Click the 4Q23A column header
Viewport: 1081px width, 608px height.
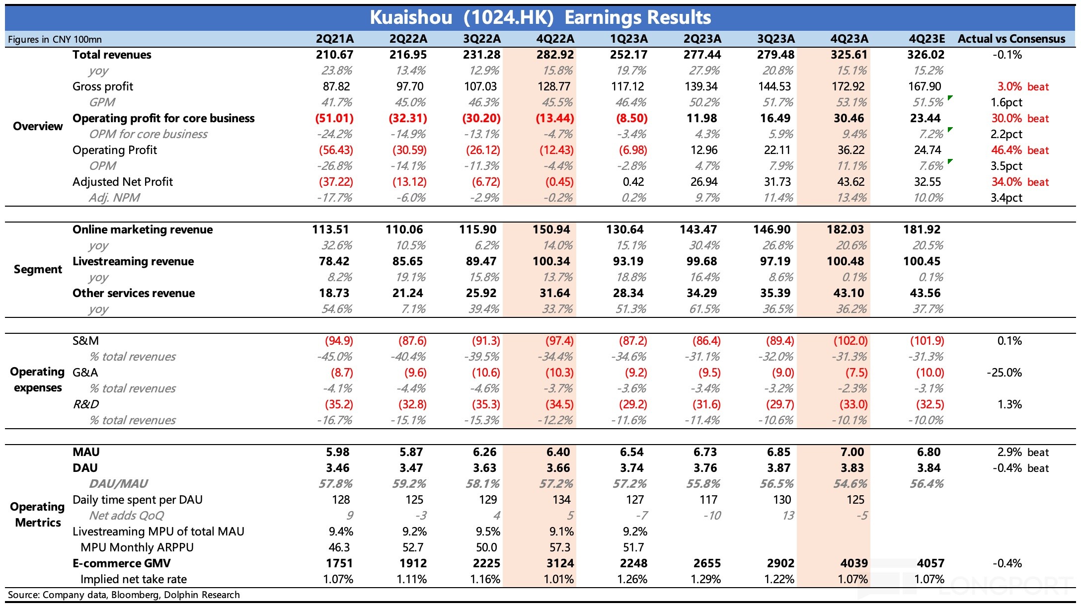click(x=849, y=39)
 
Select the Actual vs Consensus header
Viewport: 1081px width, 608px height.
click(x=1011, y=39)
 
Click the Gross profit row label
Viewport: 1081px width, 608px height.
click(x=103, y=86)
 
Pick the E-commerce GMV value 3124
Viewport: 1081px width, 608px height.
click(x=559, y=563)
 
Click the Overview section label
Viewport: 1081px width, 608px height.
click(x=38, y=126)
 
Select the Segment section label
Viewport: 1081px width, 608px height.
click(x=38, y=269)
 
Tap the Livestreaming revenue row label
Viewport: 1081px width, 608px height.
click(x=133, y=261)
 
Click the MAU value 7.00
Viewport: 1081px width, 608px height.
click(x=852, y=452)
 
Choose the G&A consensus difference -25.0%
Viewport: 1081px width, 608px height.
click(x=1004, y=373)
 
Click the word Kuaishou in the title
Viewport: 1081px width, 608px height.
click(x=411, y=18)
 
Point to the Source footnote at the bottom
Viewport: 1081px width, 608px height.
click(x=124, y=595)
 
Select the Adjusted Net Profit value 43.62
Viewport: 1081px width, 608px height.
click(x=850, y=182)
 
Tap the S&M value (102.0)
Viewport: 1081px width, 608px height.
click(x=850, y=341)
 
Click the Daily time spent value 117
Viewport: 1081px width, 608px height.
click(x=708, y=500)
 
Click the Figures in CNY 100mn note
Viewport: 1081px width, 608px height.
click(x=55, y=39)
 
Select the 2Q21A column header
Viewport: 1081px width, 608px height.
click(x=334, y=39)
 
